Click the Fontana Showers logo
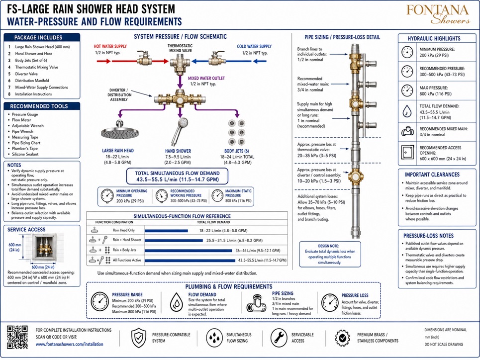coord(438,14)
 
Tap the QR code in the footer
coord(17,337)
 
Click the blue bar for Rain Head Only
coord(166,231)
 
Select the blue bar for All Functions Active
coord(190,261)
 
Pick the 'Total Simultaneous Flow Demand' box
coord(177,177)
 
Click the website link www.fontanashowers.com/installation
coord(69,344)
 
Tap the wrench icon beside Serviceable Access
coord(279,338)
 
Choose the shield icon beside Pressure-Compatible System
coord(138,338)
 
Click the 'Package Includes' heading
coord(38,38)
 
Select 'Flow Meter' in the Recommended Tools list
coord(21,120)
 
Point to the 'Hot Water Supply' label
coord(110,46)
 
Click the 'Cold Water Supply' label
coord(254,46)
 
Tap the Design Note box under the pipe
coord(330,254)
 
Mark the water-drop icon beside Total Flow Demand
coord(407,111)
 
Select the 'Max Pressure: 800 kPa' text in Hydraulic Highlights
coord(435,90)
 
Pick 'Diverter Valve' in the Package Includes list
coord(26,74)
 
